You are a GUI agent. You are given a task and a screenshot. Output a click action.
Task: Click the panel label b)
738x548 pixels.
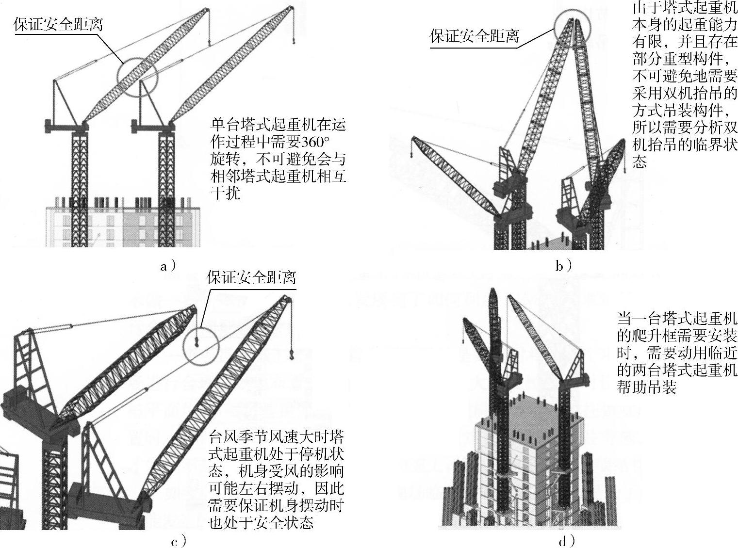pyautogui.click(x=563, y=266)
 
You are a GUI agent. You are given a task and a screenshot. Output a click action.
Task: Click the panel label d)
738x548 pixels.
pyautogui.click(x=566, y=541)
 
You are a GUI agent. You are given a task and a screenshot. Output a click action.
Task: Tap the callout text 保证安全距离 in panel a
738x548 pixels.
pyautogui.click(x=58, y=25)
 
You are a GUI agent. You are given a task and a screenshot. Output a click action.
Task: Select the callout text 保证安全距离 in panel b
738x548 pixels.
pyautogui.click(x=474, y=36)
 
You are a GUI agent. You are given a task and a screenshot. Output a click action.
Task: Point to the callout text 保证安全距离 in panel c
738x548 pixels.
pyautogui.click(x=251, y=278)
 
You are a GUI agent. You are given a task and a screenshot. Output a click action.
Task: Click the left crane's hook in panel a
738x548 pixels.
pyautogui.click(x=209, y=43)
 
